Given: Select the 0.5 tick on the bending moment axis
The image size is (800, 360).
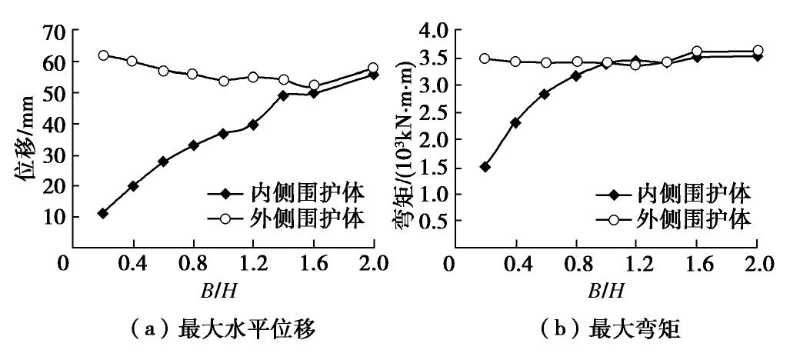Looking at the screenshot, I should point(432,222).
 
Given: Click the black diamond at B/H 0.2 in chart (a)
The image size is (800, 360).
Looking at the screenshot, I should point(103,213).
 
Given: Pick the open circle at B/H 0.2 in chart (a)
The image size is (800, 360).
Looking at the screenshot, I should point(103,55).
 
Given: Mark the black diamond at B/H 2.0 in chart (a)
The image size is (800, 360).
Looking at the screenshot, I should point(373,74).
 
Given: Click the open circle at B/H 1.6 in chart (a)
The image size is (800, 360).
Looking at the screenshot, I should point(313,85).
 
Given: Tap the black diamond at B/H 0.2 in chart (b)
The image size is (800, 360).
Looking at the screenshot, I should point(485,167).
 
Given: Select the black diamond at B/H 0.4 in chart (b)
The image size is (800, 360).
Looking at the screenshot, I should point(515,122).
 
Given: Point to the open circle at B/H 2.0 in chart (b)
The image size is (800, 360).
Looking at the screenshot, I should point(758,51).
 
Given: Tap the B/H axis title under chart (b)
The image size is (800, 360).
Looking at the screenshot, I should point(607,291).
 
